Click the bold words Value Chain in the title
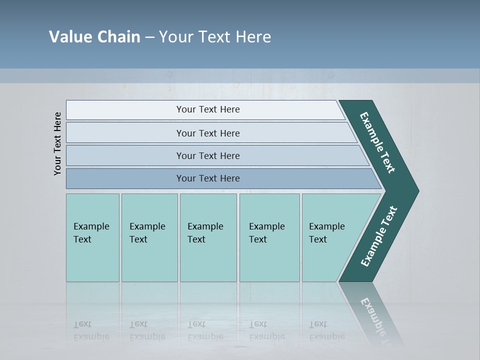tap(94, 37)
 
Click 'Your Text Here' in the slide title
tap(215, 37)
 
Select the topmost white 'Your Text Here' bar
tap(207, 109)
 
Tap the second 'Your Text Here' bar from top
tap(207, 133)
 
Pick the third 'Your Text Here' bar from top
tap(207, 155)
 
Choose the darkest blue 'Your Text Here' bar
tap(207, 178)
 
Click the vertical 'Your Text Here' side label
tap(57, 143)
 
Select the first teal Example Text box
tap(92, 237)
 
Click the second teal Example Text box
tap(149, 237)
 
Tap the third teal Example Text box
tap(208, 237)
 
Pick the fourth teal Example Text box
tap(269, 237)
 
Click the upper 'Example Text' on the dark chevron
tap(377, 142)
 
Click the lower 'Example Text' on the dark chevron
tap(379, 236)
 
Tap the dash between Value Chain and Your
tap(149, 37)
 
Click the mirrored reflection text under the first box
tap(91, 330)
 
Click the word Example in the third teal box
tap(205, 226)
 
